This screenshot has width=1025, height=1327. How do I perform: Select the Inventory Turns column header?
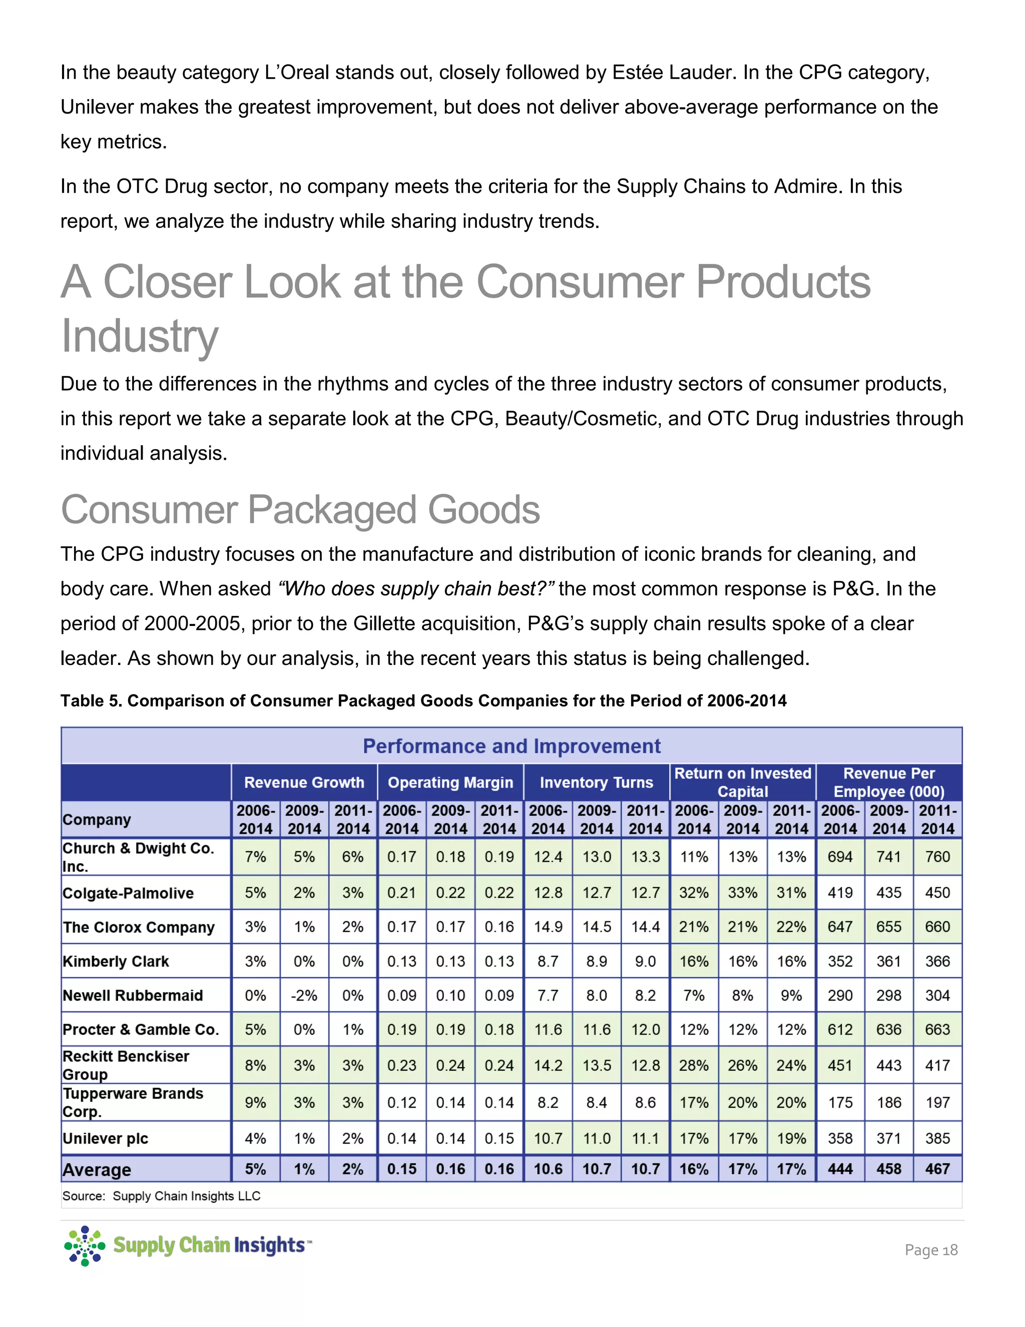(596, 783)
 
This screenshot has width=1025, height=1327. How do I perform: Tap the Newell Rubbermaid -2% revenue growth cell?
(304, 996)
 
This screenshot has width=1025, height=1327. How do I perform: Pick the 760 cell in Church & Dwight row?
(937, 857)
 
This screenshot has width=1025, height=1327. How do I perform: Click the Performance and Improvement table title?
(511, 746)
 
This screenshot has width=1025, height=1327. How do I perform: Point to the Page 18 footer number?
(930, 1250)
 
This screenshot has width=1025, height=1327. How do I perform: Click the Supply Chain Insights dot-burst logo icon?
(85, 1245)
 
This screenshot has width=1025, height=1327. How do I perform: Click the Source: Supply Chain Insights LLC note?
(161, 1196)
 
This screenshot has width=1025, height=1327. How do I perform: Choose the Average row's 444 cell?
(840, 1169)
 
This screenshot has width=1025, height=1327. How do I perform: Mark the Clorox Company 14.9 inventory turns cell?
(548, 927)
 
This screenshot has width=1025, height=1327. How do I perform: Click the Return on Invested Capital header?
(743, 782)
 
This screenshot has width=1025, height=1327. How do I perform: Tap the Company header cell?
(97, 820)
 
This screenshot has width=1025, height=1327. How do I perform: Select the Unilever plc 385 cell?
(937, 1138)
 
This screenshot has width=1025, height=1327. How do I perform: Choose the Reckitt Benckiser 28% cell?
(694, 1065)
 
